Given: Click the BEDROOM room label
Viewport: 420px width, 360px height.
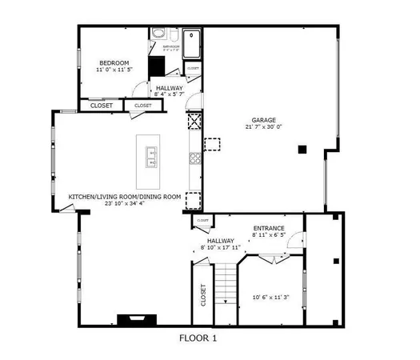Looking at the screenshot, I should pos(110,62).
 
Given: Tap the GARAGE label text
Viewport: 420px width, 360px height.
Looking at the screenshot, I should pos(264,120).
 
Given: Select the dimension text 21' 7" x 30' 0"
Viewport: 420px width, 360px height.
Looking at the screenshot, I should pos(264,127).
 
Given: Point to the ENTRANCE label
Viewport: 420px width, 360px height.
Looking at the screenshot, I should pos(268,228).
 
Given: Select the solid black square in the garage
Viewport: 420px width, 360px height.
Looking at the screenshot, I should pos(302,149).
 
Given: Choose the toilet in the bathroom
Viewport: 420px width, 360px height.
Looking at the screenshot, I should pos(159,35).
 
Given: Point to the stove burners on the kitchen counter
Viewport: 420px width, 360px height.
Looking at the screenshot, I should pos(193,159).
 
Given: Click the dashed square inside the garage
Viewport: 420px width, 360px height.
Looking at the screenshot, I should pos(211,144).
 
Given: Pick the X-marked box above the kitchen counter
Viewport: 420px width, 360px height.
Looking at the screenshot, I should pos(193,122).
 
